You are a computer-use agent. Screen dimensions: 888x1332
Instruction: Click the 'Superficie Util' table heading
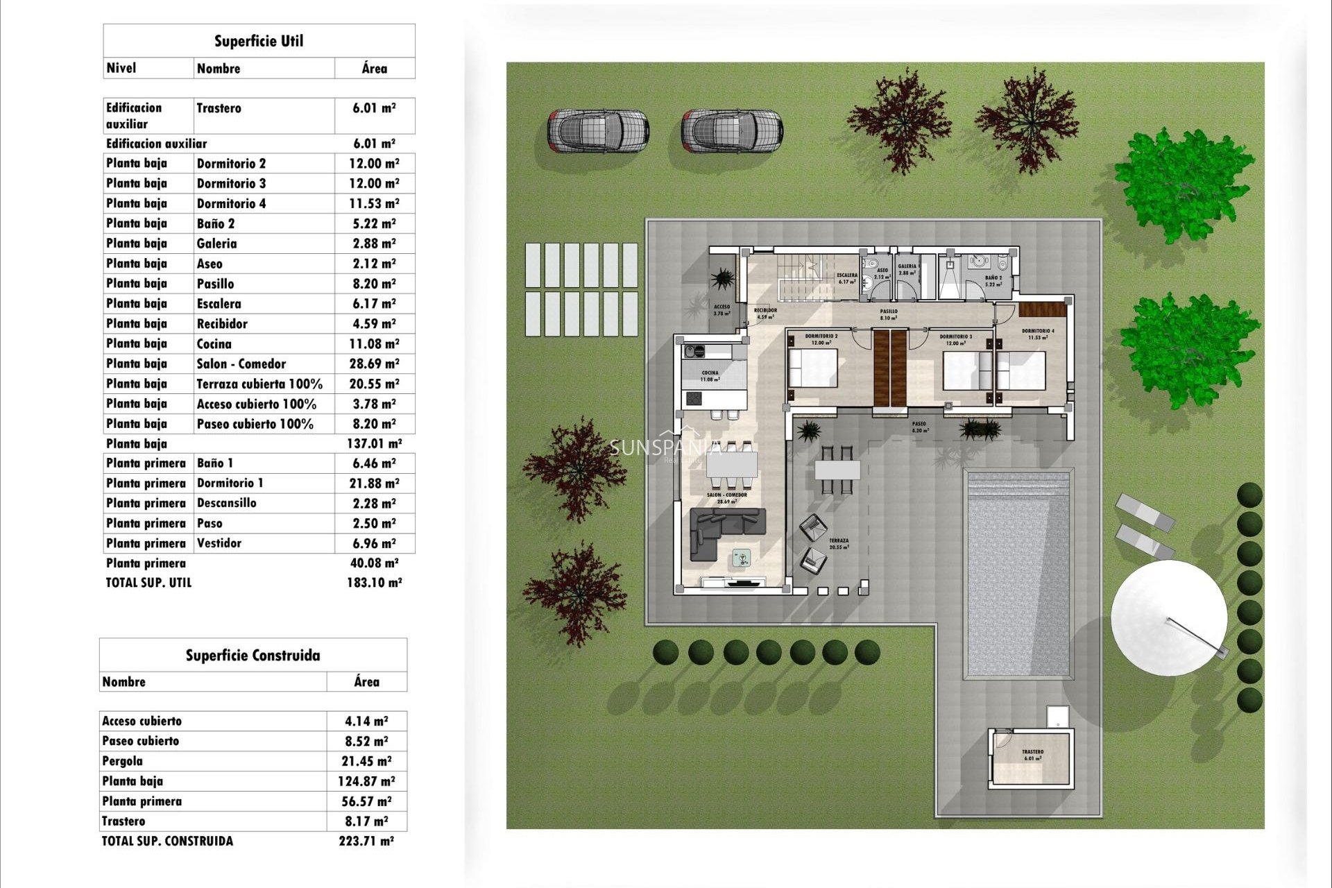(x=259, y=41)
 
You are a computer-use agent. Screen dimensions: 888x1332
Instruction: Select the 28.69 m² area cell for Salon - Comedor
(x=374, y=364)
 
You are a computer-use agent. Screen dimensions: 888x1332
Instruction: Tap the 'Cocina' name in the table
(x=214, y=343)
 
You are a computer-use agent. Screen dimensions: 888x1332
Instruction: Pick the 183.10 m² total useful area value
(x=374, y=583)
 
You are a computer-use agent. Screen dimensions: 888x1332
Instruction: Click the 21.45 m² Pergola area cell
(x=366, y=761)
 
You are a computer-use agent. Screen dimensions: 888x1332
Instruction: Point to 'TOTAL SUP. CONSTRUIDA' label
(x=168, y=841)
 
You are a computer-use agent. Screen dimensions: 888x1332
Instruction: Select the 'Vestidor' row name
(x=219, y=543)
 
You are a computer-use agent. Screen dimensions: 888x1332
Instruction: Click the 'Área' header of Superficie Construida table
(x=366, y=682)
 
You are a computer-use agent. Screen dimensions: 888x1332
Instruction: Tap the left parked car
(x=598, y=130)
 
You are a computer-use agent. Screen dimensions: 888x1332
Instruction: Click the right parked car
(x=732, y=130)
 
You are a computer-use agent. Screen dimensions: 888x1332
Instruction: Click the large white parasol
(x=1168, y=617)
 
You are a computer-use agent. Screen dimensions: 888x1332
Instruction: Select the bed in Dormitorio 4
(x=1021, y=371)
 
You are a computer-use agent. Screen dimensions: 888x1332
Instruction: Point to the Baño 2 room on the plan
(x=993, y=280)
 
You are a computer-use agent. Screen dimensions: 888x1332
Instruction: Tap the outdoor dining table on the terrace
(x=837, y=470)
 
